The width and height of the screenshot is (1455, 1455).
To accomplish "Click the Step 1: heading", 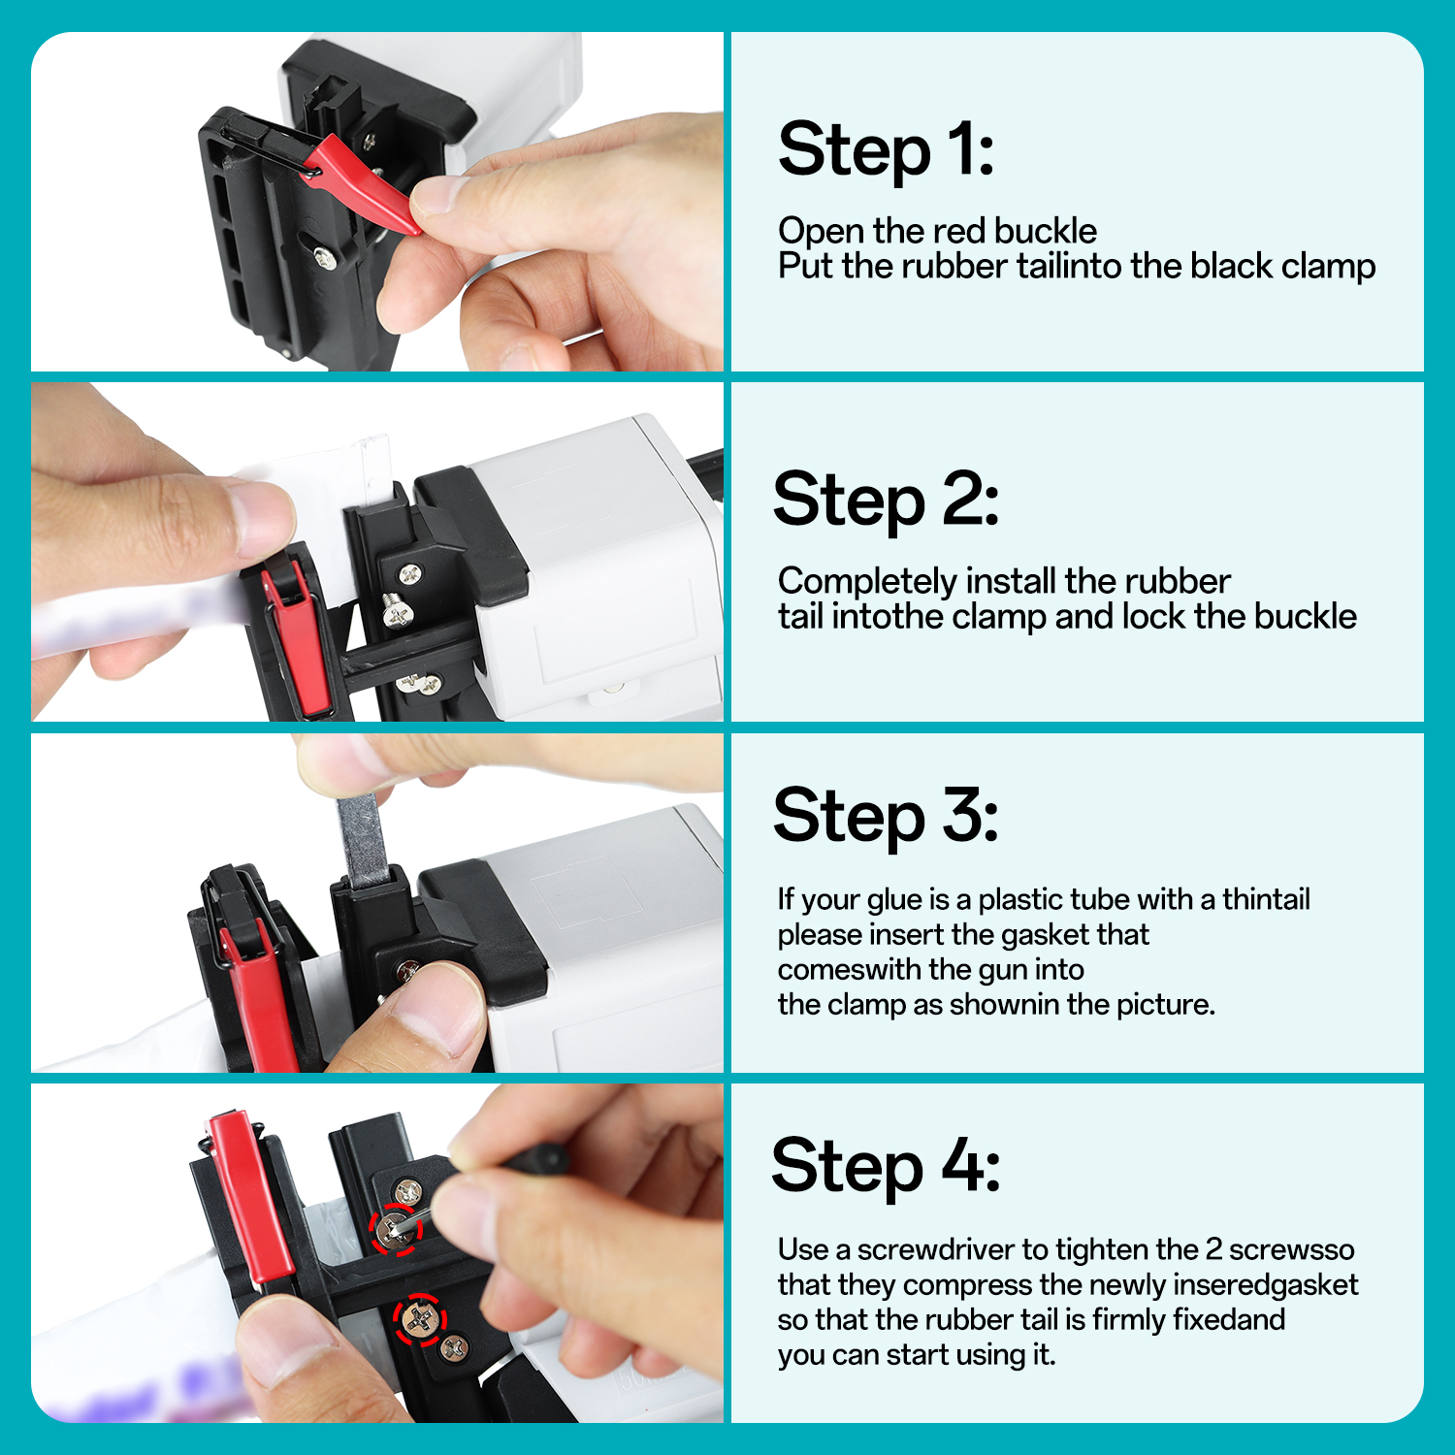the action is coord(886,150).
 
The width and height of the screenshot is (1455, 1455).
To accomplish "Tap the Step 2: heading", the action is coord(886,501).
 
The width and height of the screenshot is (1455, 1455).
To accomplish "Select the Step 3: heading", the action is coord(886,817).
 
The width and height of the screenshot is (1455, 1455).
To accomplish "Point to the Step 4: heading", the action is coord(886,1167).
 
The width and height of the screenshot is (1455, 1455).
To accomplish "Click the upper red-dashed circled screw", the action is coord(395,1229).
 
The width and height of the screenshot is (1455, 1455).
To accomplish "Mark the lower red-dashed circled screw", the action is coord(419,1319).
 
